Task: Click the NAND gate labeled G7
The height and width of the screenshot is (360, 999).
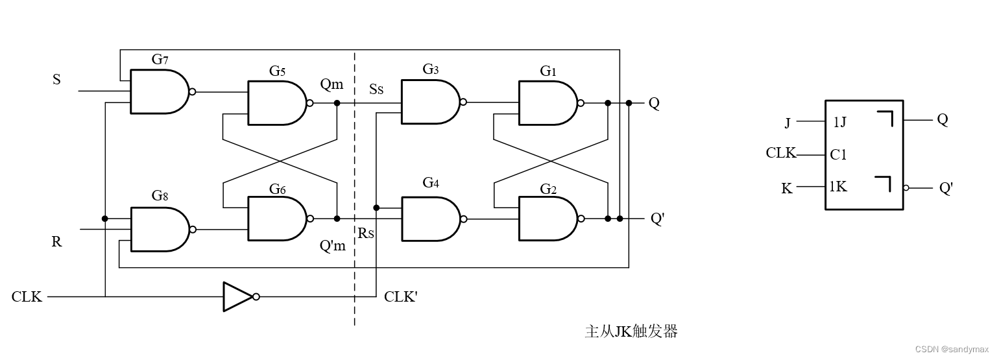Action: pos(159,91)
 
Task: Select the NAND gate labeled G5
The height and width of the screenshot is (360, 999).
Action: pos(276,102)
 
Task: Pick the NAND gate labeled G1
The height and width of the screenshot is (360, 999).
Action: pos(547,102)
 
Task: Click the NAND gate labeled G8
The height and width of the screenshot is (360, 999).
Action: pos(159,229)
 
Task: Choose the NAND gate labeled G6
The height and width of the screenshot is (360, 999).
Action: pos(276,219)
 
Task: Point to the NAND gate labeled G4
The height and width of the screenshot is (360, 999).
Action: pos(430,219)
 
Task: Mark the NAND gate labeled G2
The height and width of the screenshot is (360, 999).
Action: pos(547,219)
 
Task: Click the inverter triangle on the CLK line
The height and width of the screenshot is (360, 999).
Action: pos(238,296)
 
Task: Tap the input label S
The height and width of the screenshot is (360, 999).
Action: pos(56,80)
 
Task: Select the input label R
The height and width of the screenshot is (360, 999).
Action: pos(56,242)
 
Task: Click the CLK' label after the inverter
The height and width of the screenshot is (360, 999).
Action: pos(401,297)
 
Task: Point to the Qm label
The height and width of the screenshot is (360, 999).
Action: pos(331,84)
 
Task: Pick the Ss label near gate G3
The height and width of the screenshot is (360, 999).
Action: pos(376,89)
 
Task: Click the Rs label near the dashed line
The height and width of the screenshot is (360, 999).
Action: pos(366,233)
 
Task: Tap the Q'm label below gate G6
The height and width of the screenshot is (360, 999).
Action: pos(333,246)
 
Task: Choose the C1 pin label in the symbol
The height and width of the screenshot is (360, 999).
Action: pos(838,154)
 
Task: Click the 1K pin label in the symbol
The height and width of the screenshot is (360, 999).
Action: pos(838,187)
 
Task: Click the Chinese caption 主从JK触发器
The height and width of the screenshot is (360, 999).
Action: pos(631,331)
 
